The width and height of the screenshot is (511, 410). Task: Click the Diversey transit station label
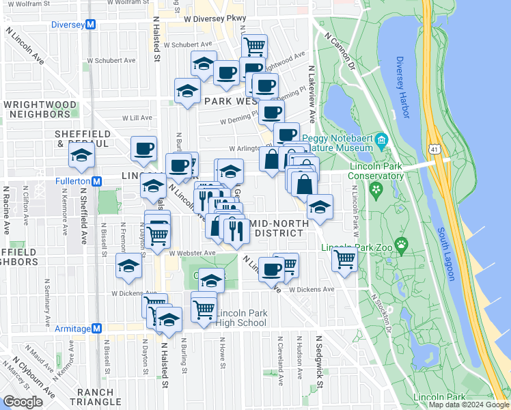pos(71,25)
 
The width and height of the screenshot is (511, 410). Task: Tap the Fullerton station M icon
pos(97,182)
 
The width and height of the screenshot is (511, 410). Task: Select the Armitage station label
pos(71,329)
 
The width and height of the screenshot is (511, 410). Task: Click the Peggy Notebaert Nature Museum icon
pos(382,141)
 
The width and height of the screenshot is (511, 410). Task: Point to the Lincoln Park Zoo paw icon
pos(403,244)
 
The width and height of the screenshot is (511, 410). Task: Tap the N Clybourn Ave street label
pos(33,377)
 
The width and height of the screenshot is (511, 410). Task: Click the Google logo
pos(23,402)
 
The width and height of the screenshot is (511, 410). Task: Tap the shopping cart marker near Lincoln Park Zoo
pos(345,260)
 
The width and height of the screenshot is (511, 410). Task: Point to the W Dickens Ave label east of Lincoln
pos(311,289)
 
